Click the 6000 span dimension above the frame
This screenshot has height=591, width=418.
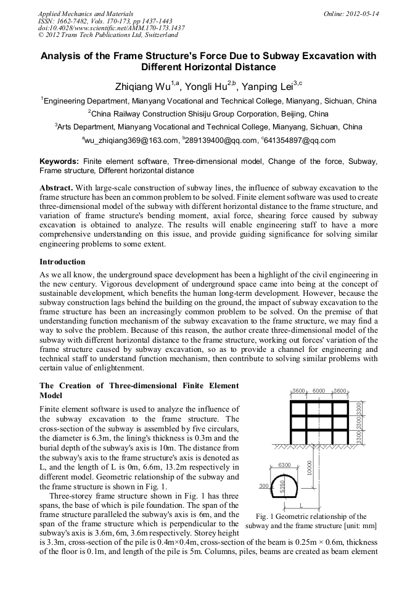pos(319,391)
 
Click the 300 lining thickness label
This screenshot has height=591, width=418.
pos(263,486)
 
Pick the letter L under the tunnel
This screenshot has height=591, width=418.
pos(301,505)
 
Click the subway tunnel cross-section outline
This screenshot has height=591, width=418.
pos(284,487)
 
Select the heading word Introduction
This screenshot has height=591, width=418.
pos(62,261)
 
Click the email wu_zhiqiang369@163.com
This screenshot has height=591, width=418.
pos(131,141)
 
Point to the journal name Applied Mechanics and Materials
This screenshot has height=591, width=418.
pos(85,13)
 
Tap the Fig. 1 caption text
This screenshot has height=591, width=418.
pos(311,521)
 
